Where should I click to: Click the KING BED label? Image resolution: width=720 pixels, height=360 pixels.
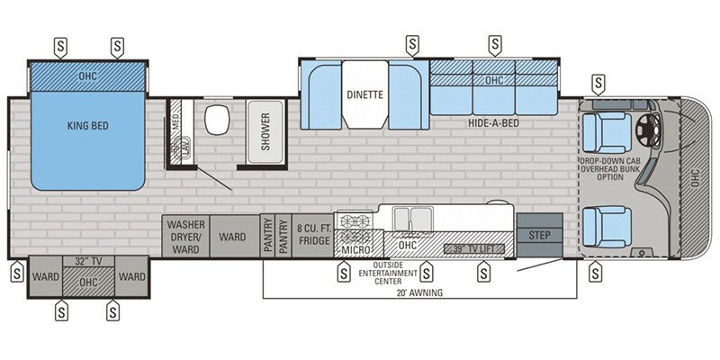click(87, 126)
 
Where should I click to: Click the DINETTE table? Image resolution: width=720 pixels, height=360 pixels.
click(364, 94)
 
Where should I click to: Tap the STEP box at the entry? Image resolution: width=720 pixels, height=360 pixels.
click(539, 234)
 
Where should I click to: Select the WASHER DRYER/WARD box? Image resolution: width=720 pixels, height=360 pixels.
click(186, 236)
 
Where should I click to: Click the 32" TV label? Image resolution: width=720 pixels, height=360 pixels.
click(86, 262)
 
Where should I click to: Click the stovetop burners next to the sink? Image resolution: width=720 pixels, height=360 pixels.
click(354, 221)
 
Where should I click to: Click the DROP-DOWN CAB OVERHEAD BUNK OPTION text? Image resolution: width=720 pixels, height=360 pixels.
click(609, 170)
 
